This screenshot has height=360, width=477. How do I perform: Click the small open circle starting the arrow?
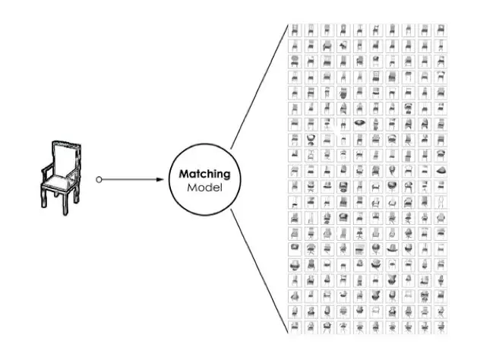point(99,180)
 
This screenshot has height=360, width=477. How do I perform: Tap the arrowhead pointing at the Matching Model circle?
point(161,180)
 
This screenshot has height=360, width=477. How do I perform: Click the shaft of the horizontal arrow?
point(129,180)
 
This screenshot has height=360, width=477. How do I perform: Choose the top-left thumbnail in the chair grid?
point(295,30)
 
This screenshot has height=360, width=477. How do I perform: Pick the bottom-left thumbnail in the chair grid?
point(295,327)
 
